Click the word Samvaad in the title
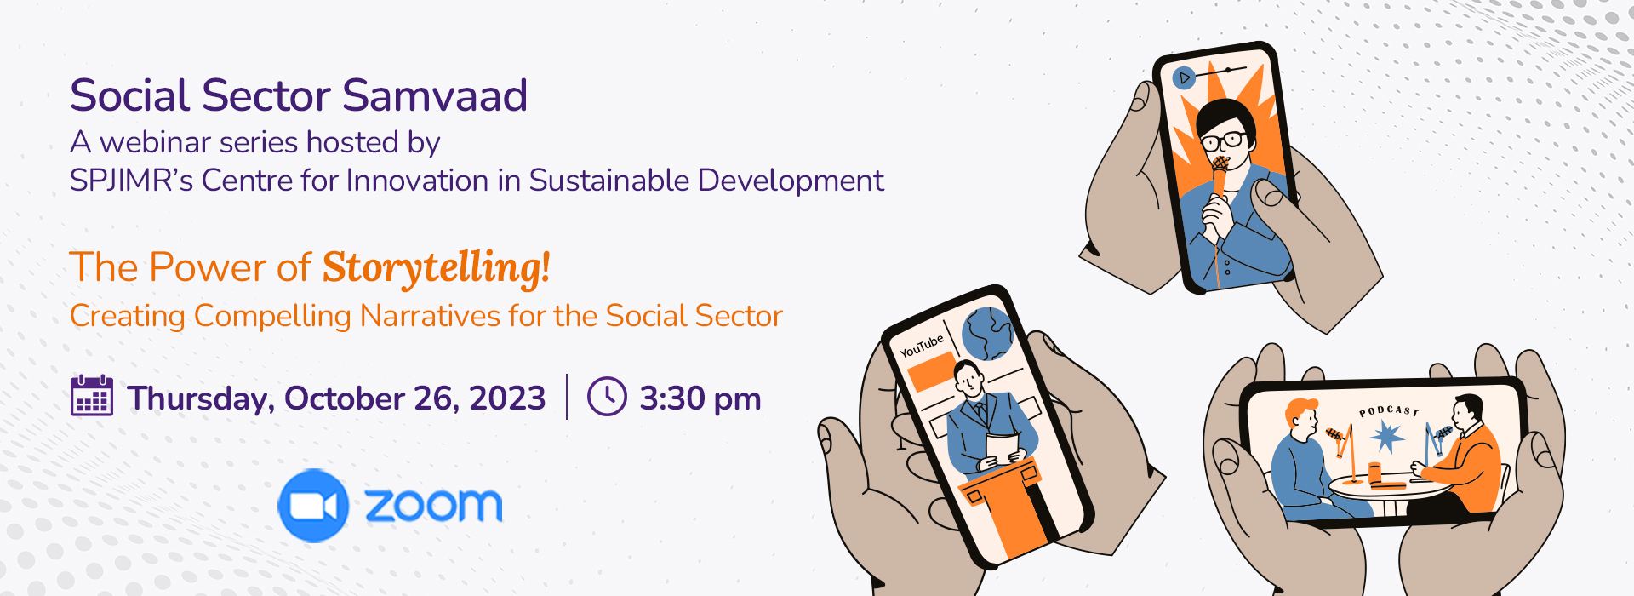[435, 95]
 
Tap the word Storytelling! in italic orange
[436, 268]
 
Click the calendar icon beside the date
[92, 396]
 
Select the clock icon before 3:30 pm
[607, 397]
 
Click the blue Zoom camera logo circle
[313, 506]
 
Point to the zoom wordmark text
[433, 505]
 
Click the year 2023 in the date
[507, 398]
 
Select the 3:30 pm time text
[700, 398]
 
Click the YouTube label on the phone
[922, 346]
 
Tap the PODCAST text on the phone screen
[1389, 411]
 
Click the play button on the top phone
[1183, 78]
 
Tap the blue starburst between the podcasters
[1385, 438]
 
